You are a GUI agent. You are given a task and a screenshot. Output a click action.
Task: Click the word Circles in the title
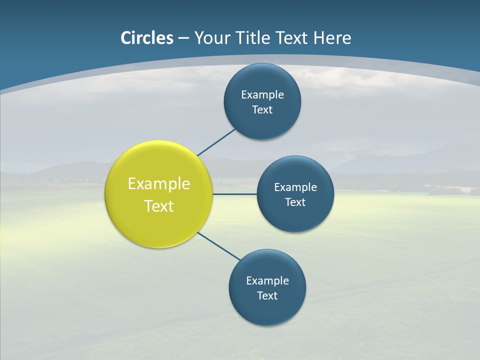coord(147,38)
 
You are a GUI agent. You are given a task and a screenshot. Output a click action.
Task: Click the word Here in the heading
coord(332,38)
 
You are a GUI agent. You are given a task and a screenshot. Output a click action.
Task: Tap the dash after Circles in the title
coord(183,38)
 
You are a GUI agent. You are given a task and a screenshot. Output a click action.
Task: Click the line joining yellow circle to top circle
coord(216,141)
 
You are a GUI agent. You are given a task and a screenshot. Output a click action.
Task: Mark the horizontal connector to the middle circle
coord(234,194)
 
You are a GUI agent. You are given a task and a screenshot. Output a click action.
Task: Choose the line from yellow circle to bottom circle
coord(218,246)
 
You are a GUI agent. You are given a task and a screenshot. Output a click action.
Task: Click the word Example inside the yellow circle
coord(159,184)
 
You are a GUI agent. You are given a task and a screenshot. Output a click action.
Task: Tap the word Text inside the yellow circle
coord(159,206)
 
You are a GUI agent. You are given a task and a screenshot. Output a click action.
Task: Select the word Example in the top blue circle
coord(262,95)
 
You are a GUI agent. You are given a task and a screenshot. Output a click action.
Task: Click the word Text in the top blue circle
coord(262,110)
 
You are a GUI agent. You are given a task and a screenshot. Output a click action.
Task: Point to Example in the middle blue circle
coord(295,187)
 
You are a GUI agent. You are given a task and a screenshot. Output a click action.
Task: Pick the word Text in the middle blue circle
coord(295,202)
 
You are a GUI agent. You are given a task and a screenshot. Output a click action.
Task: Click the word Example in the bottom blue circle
coord(267,281)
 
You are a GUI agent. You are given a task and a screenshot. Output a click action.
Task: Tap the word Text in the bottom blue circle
coord(267,296)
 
